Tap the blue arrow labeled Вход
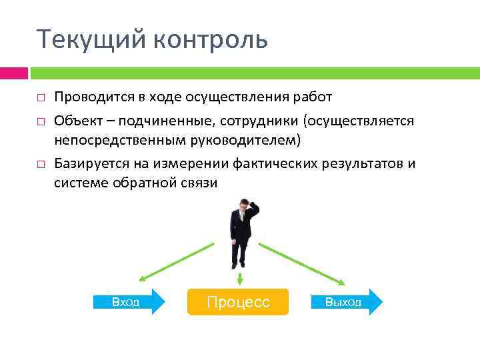[130, 302]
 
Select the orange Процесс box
[238, 302]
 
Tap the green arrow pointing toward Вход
[177, 261]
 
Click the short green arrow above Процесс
[239, 277]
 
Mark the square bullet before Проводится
[41, 98]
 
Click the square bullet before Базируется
[41, 164]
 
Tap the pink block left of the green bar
[13, 73]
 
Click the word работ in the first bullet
[315, 97]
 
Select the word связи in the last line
[199, 183]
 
